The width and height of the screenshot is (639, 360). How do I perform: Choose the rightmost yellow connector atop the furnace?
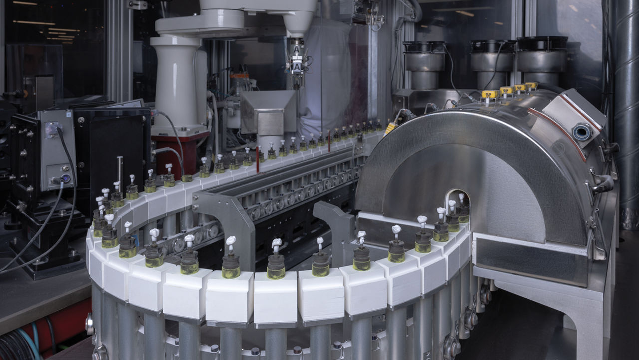[x=531, y=86]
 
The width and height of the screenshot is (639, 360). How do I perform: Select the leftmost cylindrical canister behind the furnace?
[x=424, y=62]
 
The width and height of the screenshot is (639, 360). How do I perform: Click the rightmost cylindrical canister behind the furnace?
[x=542, y=57]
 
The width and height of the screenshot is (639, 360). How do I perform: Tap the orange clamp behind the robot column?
[x=239, y=76]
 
